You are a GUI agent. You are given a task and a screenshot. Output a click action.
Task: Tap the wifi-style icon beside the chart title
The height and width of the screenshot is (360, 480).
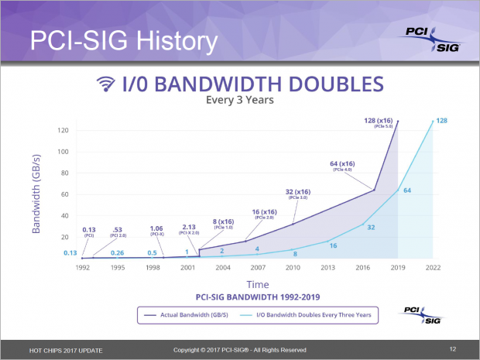[x=105, y=84]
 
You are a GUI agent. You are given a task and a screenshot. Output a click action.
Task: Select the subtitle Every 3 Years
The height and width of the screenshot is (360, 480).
[x=240, y=100]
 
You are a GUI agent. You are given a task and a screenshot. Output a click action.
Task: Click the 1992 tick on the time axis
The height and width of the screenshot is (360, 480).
[x=82, y=268]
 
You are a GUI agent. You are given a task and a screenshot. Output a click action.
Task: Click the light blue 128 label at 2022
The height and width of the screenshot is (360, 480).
[x=441, y=121]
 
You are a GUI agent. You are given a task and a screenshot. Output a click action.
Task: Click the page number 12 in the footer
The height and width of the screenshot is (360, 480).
[x=453, y=348]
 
